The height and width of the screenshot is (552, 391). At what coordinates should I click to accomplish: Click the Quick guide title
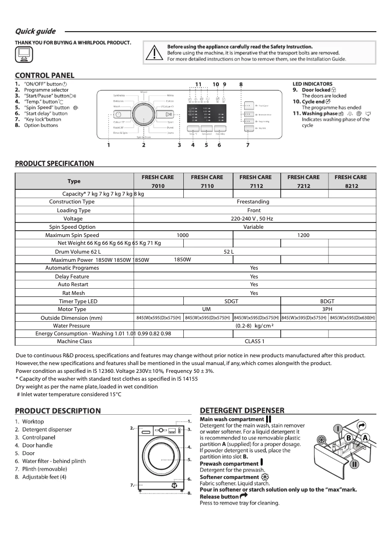(x=35, y=32)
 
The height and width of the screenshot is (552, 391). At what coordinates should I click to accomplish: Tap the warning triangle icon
(x=154, y=53)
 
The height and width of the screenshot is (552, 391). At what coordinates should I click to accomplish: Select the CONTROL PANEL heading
(x=44, y=75)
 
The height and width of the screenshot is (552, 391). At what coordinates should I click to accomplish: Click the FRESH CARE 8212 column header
(x=351, y=181)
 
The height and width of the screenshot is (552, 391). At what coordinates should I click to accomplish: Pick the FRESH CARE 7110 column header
(x=207, y=181)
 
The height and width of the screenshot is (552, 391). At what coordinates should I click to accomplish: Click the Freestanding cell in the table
(x=253, y=202)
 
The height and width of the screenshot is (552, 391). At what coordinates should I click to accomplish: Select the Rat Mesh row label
(x=74, y=293)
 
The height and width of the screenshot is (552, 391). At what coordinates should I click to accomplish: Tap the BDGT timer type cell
(x=327, y=301)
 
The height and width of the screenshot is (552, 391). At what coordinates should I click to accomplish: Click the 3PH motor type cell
(x=327, y=309)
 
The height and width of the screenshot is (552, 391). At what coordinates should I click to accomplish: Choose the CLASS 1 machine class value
(x=254, y=341)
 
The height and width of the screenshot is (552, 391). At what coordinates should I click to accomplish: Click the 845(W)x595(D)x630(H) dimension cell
(x=352, y=318)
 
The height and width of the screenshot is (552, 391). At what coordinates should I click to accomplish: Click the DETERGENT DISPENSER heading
(x=242, y=411)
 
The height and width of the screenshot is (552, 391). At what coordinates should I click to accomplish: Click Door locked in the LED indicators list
(x=316, y=90)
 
